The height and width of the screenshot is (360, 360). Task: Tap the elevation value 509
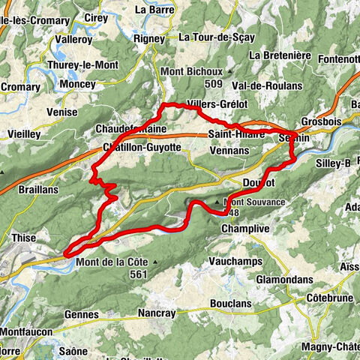click(193, 84)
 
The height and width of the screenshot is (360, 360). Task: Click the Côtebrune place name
click(328, 298)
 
